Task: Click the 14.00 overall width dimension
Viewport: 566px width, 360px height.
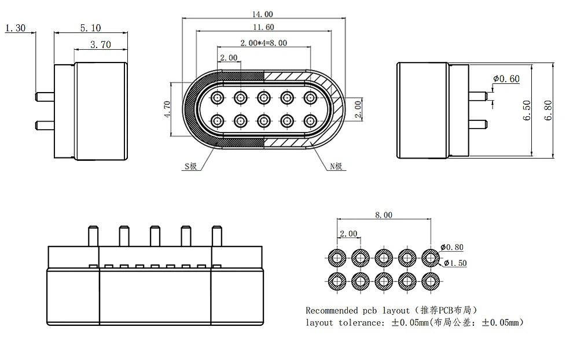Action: (263, 14)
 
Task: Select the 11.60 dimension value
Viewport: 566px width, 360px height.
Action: (263, 27)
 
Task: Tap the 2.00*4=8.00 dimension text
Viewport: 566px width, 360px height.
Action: (263, 43)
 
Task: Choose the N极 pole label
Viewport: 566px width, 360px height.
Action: (337, 167)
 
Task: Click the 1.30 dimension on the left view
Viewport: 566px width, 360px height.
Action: (14, 28)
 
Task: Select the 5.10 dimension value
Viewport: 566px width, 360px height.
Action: (89, 28)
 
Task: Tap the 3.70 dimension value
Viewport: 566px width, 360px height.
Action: (101, 44)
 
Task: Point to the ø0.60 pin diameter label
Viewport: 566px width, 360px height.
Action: (506, 79)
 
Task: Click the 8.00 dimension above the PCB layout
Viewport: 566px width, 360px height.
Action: (383, 215)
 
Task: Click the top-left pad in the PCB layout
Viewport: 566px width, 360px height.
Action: (337, 257)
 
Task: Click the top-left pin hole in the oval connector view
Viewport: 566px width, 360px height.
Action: (218, 97)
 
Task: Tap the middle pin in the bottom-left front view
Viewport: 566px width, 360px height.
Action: (155, 236)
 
